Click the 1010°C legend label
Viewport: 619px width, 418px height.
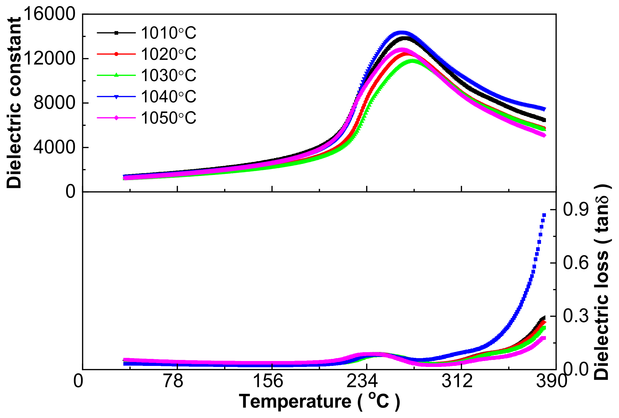(x=168, y=33)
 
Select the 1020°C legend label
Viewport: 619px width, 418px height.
(x=168, y=54)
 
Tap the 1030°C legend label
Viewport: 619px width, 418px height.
(x=168, y=76)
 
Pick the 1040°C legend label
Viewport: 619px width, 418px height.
(x=168, y=97)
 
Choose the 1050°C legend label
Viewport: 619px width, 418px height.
(x=168, y=118)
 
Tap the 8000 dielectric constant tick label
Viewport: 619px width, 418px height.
(x=54, y=103)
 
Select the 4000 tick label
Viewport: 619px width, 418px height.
(x=54, y=147)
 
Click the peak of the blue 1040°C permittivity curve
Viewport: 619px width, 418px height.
(x=402, y=33)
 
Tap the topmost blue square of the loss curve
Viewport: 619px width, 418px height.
(x=544, y=215)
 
